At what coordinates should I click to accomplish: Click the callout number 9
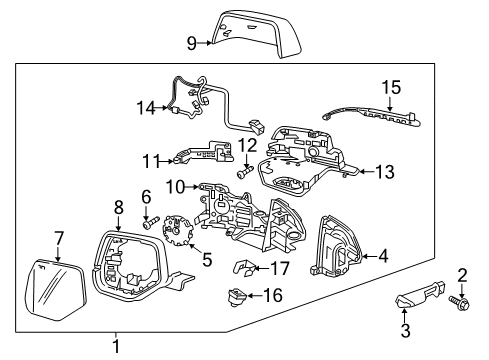pyautogui.click(x=192, y=42)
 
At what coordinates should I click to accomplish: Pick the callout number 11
pyautogui.click(x=151, y=158)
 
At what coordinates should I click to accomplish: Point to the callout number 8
pyautogui.click(x=118, y=207)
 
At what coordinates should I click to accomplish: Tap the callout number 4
pyautogui.click(x=383, y=256)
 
